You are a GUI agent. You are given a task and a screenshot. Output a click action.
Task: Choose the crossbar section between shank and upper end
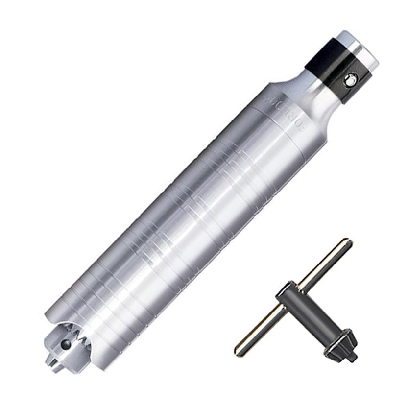coord(321,267)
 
